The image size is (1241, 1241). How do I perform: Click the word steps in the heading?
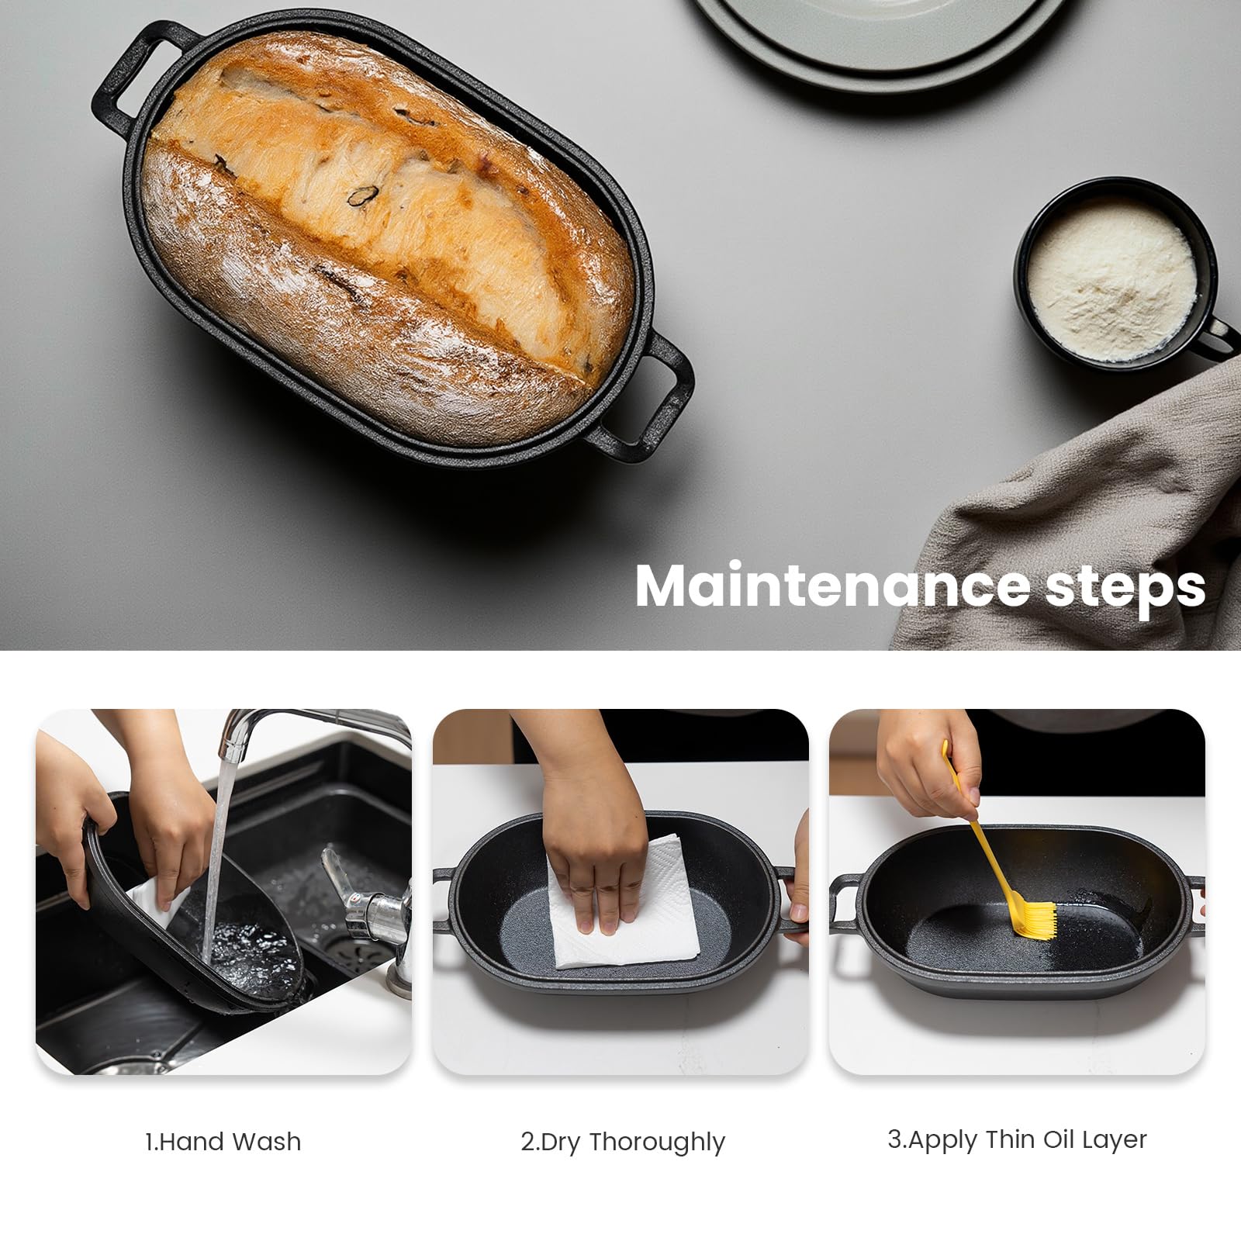[1125, 588]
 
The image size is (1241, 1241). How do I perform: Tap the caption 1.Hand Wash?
[223, 1142]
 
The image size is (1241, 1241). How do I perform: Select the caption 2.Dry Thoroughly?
[622, 1142]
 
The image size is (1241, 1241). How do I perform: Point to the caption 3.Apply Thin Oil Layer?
[1017, 1139]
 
